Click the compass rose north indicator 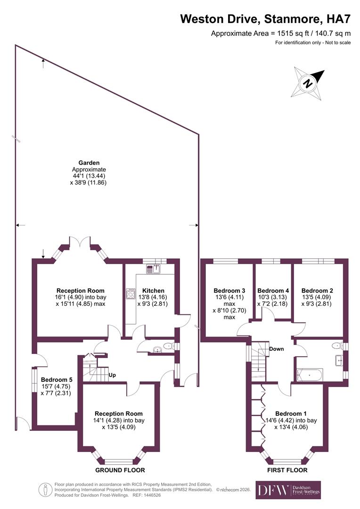309,82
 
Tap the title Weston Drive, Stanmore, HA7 266,19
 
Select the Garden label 89,163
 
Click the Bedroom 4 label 273,291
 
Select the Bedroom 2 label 317,291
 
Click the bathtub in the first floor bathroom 310,375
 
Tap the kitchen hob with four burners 130,294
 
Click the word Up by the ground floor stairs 112,376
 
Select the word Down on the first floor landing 277,349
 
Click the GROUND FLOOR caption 120,470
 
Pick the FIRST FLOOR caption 287,470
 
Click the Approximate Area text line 280,33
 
